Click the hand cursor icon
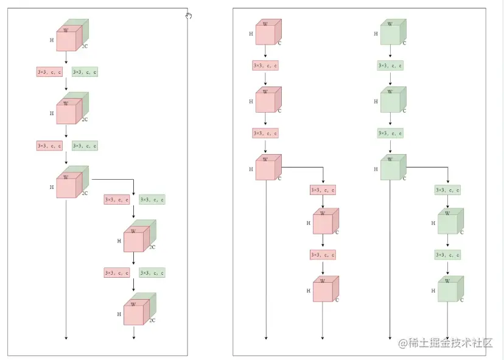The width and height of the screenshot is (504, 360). coord(189,16)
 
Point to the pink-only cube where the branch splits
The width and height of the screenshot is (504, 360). coord(267,168)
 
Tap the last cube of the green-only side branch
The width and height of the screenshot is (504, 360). coord(449,290)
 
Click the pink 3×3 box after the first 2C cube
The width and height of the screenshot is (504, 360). coord(49,72)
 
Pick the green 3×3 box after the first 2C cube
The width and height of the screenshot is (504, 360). coord(85,72)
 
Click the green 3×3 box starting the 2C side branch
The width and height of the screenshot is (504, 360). coord(152,200)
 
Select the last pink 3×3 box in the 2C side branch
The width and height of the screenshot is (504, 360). coord(117,273)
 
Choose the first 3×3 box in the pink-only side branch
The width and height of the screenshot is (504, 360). coord(323,190)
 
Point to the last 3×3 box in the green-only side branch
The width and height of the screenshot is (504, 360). coord(447,255)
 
